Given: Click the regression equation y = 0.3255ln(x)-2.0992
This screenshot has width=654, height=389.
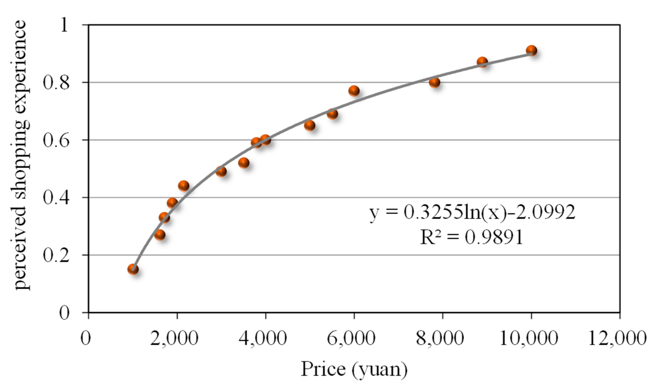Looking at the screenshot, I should click(x=472, y=212).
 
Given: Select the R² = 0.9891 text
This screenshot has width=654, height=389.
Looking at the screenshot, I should click(x=472, y=237).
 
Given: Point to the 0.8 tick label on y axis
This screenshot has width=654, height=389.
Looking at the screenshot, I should click(x=56, y=82).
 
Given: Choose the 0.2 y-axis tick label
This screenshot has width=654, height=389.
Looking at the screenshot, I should click(x=56, y=255).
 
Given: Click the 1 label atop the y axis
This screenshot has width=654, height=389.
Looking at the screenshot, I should click(x=64, y=25).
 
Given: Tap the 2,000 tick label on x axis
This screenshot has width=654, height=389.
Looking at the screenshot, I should click(x=174, y=338).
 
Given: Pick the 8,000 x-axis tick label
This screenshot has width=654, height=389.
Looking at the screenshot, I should click(x=440, y=338).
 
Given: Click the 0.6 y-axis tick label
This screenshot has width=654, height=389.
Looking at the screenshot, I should click(x=56, y=140).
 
